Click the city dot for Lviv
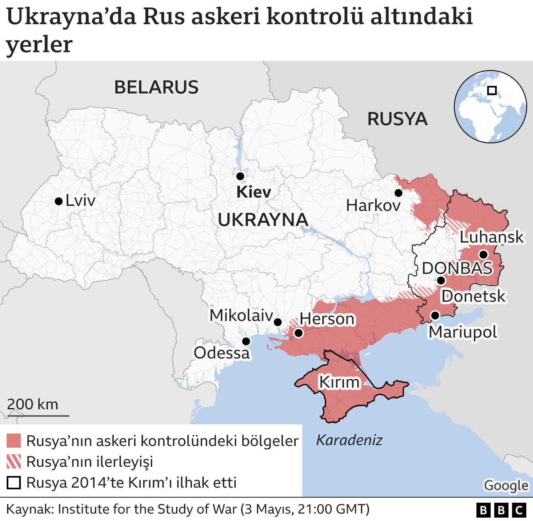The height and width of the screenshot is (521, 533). (x=59, y=201)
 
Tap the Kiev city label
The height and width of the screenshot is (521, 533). (x=254, y=192)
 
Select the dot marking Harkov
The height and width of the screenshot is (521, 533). (x=399, y=193)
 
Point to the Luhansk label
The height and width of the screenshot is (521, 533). (x=492, y=237)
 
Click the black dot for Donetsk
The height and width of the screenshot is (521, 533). (x=441, y=281)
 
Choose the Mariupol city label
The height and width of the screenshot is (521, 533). (x=463, y=332)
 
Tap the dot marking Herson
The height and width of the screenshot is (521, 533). (x=298, y=333)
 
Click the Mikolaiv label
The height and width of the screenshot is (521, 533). (x=241, y=316)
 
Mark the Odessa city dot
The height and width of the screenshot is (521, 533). (x=246, y=341)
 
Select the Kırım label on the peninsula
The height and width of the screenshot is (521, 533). (x=339, y=382)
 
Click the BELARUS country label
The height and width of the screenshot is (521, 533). (x=156, y=88)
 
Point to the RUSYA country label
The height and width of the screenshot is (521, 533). (x=397, y=119)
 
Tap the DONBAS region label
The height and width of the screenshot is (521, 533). (x=457, y=268)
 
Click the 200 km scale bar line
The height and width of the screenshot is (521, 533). (x=38, y=416)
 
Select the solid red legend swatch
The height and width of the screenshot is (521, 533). (x=14, y=441)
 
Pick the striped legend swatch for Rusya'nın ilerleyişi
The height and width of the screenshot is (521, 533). (x=14, y=461)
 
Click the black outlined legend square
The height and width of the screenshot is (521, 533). (x=14, y=483)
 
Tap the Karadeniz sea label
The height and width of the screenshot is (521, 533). (x=349, y=440)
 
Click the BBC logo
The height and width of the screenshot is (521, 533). (x=501, y=510)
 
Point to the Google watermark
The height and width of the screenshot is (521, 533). (x=506, y=486)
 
